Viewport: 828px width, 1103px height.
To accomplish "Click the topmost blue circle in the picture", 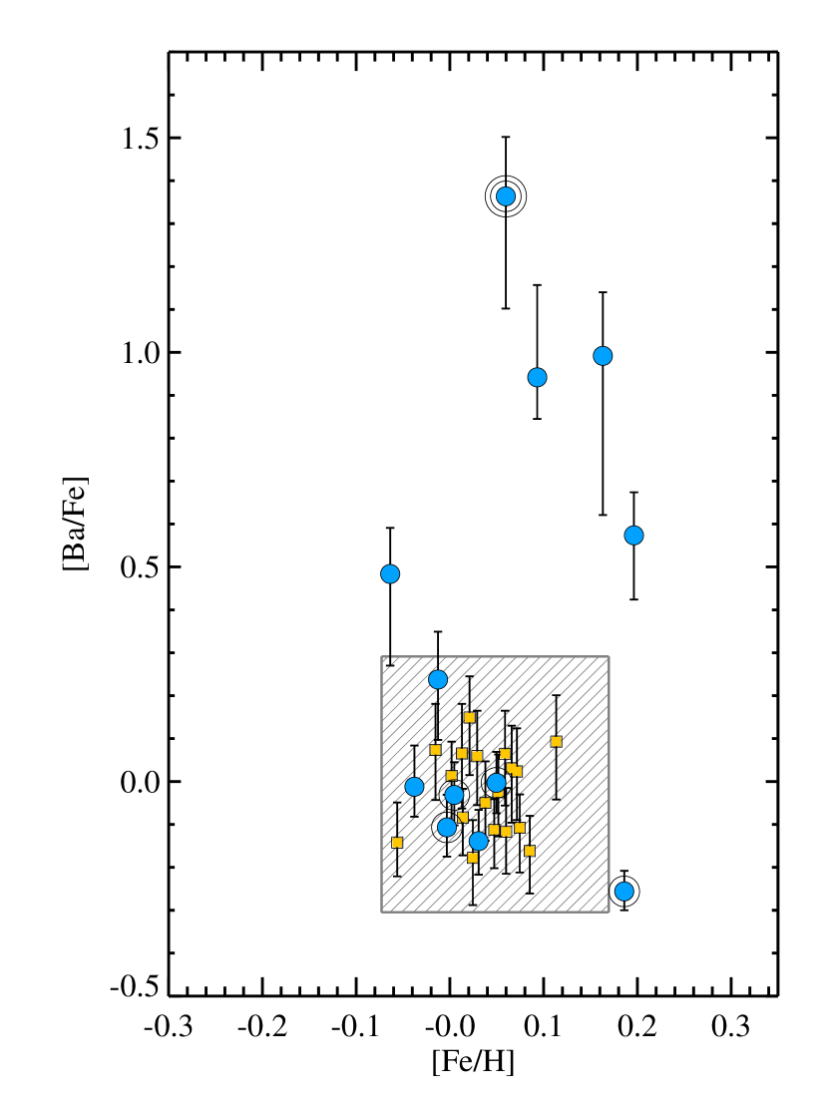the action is (506, 196).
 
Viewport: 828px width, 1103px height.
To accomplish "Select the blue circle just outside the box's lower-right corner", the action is (623, 891).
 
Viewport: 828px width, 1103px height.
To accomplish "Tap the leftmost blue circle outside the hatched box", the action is (390, 573).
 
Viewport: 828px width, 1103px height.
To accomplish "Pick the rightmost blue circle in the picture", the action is (633, 536).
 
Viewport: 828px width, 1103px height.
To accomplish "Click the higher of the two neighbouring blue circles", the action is (603, 356).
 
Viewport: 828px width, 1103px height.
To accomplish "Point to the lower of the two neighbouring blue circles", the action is (537, 377).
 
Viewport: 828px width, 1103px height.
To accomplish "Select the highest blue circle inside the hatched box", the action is (438, 679).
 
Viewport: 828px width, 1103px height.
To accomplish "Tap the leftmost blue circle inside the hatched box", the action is (414, 786).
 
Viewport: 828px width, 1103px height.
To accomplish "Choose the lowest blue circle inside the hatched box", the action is (479, 841).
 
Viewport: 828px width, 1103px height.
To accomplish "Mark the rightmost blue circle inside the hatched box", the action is (497, 783).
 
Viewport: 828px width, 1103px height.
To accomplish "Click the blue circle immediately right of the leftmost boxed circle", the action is (454, 795).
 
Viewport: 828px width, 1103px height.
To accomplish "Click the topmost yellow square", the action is (470, 717).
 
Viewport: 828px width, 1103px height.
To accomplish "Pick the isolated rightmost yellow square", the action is (557, 741).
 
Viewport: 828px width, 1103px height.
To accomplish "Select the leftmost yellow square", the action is (397, 843).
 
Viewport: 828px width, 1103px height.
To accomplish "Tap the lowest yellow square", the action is (473, 858).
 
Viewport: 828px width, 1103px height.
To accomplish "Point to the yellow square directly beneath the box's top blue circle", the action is (436, 750).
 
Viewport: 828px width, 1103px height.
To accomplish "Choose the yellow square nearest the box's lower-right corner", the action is (530, 851).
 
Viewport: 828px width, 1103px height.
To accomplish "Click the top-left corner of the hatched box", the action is (382, 657).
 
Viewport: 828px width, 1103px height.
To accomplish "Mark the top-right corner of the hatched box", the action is (609, 657).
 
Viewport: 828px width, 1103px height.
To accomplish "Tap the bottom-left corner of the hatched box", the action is (382, 911).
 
